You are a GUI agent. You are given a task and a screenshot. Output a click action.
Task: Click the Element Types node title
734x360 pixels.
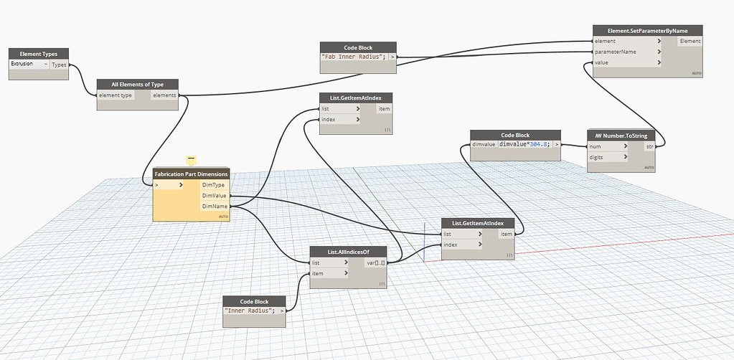pos(39,54)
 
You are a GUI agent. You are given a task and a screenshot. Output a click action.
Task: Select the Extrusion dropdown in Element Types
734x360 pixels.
pos(29,65)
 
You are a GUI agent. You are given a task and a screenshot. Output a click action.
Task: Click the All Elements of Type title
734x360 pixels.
pos(137,85)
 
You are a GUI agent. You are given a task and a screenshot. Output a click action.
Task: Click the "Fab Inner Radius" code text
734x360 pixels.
pos(354,57)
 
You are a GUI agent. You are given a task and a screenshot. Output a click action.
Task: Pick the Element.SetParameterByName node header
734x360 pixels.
pos(647,30)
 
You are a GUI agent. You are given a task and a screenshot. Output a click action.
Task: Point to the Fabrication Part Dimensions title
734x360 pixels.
pos(191,174)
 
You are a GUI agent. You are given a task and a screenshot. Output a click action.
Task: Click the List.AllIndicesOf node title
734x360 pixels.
pos(348,252)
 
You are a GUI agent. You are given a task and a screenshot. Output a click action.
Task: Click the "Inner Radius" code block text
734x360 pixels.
pos(249,311)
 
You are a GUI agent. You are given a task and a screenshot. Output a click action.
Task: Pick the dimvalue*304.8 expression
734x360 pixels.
pos(524,145)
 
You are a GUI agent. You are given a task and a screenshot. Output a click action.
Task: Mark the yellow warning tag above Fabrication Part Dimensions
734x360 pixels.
pos(191,159)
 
